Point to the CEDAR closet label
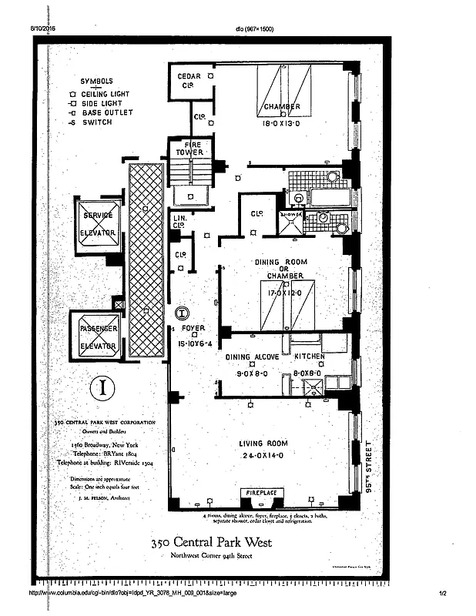pyautogui.click(x=189, y=77)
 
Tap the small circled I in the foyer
pyautogui.click(x=181, y=313)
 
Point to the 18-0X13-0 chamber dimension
pyautogui.click(x=282, y=122)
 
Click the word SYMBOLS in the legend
pyautogui.click(x=96, y=82)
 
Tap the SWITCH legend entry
pyautogui.click(x=96, y=122)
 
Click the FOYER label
pyautogui.click(x=193, y=327)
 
